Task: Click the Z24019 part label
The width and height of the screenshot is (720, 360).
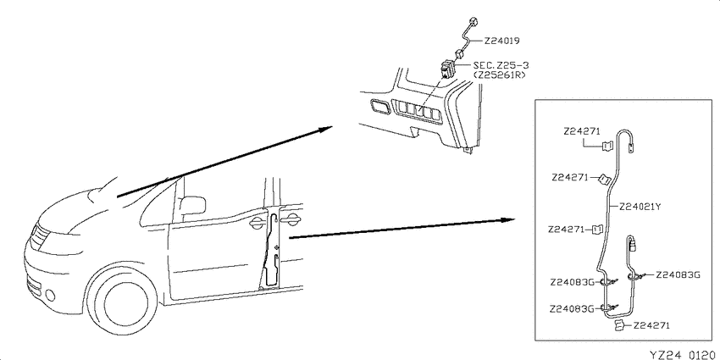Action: tap(501, 41)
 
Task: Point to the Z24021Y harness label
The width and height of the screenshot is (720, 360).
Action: tap(640, 207)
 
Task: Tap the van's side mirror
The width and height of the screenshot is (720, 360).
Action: tap(192, 205)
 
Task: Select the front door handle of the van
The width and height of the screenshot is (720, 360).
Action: tap(256, 224)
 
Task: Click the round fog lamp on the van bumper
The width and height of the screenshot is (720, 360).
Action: tap(50, 296)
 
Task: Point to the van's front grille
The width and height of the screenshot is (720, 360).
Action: tap(41, 236)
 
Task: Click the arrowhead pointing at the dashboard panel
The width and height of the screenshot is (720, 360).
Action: tap(326, 128)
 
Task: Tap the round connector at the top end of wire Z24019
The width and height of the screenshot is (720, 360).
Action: tap(473, 20)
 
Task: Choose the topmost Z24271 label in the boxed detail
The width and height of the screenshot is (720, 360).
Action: tap(582, 132)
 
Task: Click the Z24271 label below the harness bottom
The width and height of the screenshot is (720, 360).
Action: tap(651, 325)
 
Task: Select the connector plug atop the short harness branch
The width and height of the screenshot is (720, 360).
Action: tap(632, 243)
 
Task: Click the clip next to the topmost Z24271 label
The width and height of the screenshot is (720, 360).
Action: tap(607, 146)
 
